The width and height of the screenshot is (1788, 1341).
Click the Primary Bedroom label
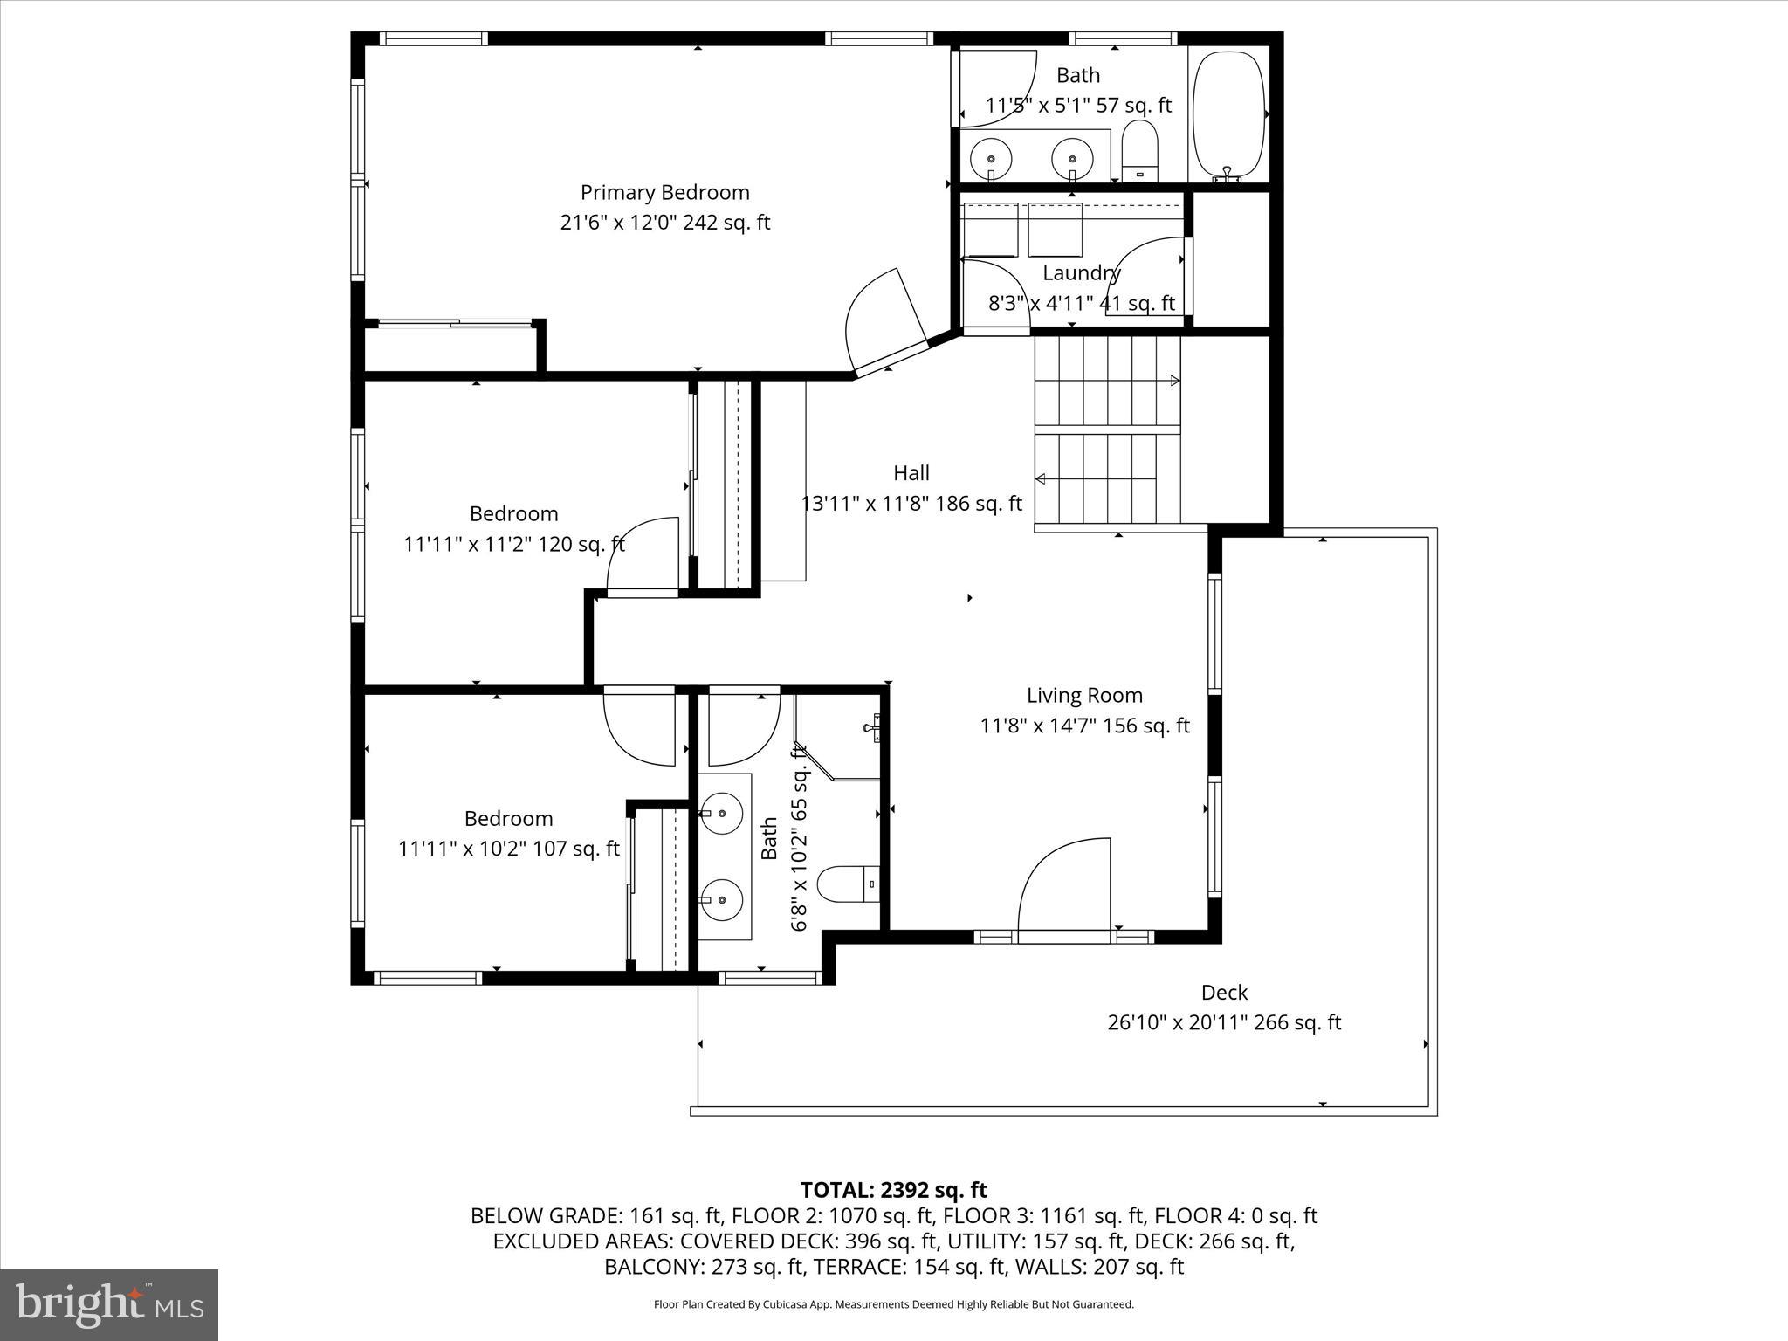tap(664, 192)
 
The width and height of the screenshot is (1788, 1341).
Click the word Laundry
tap(1081, 273)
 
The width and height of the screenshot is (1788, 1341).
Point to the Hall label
tap(911, 473)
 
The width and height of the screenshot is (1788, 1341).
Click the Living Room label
tap(1083, 696)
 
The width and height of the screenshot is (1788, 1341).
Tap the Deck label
tap(1224, 993)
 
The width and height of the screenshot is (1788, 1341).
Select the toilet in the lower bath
tap(846, 884)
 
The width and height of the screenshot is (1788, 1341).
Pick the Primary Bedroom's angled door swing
tap(882, 319)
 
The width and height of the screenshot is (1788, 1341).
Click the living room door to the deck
tap(1066, 886)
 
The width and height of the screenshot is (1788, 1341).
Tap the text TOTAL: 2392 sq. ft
tap(893, 1190)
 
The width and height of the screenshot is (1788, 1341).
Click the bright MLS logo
tap(109, 1305)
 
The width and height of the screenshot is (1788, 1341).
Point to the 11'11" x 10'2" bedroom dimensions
tap(509, 849)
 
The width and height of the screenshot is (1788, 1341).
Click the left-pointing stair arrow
tap(1042, 478)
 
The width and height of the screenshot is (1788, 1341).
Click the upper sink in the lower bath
tap(723, 813)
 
